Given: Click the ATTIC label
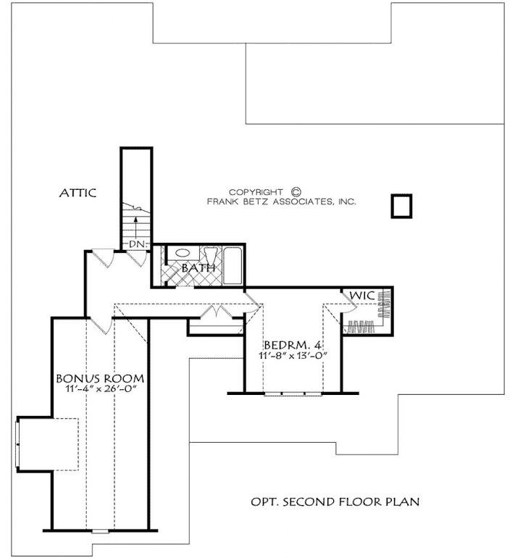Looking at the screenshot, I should [78, 193].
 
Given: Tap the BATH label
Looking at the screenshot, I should [198, 268].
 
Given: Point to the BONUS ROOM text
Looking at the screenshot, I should [99, 378].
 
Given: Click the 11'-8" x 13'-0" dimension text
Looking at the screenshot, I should [292, 357].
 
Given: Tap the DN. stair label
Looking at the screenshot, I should [138, 244].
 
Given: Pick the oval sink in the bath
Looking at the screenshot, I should [183, 254].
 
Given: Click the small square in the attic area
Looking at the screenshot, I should [401, 206].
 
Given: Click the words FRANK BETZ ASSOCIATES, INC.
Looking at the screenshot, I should [282, 203].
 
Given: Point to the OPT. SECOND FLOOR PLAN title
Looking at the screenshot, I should [335, 501].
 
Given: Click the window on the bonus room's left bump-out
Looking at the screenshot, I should [18, 443].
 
